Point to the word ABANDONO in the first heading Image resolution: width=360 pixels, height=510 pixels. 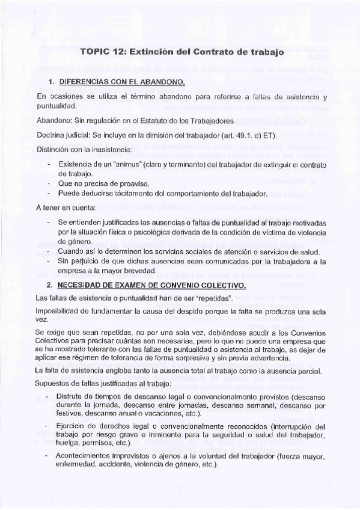pos(162,81)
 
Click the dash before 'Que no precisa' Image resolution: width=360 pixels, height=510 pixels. pos(48,183)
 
